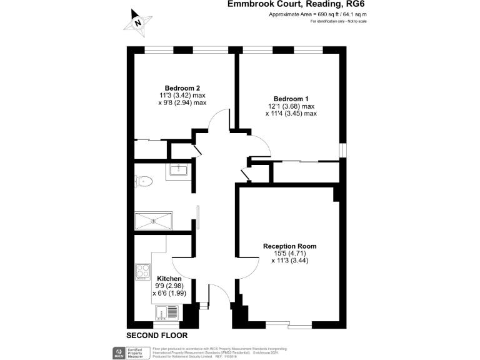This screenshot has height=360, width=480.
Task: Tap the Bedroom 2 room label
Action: (x=182, y=87)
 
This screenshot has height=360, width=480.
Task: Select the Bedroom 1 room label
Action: (x=291, y=98)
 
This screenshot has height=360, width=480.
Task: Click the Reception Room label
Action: (x=289, y=246)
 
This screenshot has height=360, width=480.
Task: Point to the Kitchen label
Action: (x=169, y=279)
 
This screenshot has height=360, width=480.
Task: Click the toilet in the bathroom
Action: (x=144, y=181)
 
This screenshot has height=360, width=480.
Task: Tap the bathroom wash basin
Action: (x=178, y=169)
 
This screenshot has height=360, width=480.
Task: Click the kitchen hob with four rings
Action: (x=144, y=272)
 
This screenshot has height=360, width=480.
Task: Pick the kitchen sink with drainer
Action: (x=167, y=311)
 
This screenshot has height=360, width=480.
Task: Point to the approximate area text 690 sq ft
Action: (x=309, y=14)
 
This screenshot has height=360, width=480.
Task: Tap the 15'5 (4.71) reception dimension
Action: (x=290, y=253)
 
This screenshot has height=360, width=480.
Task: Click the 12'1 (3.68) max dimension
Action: (x=291, y=106)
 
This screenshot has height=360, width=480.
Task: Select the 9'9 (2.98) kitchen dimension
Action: (x=169, y=286)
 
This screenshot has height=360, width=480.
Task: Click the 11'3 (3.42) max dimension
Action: (x=182, y=95)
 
